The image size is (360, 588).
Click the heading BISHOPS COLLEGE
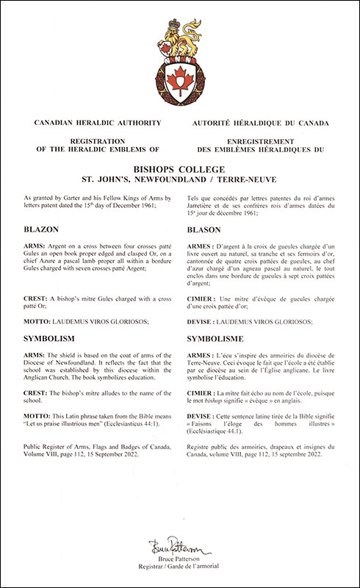180,168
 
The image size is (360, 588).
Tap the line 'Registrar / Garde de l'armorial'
180,568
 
